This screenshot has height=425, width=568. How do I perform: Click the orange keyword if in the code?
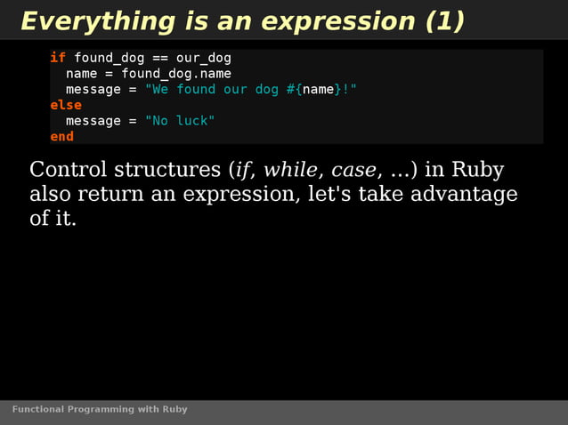click(x=57, y=58)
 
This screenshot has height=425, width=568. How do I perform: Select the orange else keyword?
click(x=65, y=105)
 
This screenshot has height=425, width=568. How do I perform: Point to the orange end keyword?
click(x=61, y=137)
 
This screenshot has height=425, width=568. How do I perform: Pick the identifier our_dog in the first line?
click(x=203, y=58)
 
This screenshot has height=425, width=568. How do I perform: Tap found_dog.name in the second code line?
click(x=175, y=74)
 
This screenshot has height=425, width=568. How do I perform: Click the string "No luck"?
click(x=180, y=121)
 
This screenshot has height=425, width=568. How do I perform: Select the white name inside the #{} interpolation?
click(x=318, y=90)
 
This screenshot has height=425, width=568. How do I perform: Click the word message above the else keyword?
click(x=93, y=90)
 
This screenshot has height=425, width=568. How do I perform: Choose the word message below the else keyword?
click(x=93, y=121)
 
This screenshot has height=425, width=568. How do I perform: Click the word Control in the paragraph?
click(x=65, y=170)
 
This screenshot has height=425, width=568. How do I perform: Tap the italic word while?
click(x=289, y=170)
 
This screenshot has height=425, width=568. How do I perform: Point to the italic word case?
click(x=353, y=170)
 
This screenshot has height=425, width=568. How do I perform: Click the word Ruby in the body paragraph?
click(x=477, y=170)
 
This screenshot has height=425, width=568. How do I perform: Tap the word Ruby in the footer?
click(x=174, y=410)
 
